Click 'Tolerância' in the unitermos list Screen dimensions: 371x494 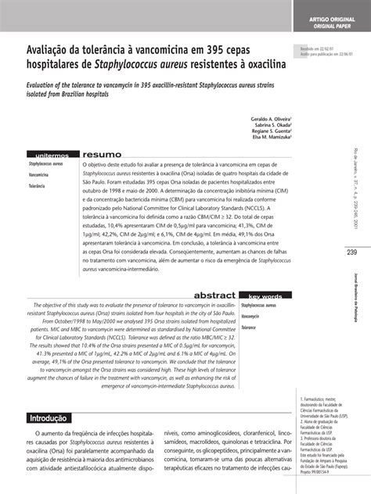(x=38, y=188)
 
